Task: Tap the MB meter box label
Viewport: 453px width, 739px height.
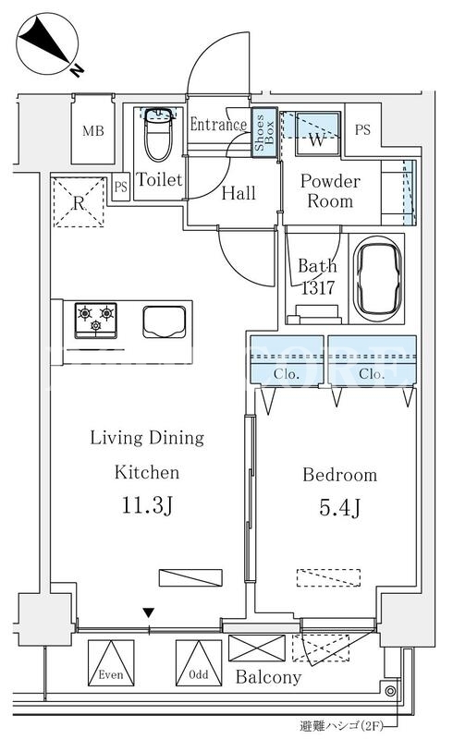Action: point(93,130)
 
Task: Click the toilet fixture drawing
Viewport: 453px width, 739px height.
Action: point(157,135)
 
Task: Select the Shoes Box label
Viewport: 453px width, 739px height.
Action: point(264,132)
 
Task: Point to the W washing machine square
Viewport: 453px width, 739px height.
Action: point(318,133)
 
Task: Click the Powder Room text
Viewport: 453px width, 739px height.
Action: point(330,191)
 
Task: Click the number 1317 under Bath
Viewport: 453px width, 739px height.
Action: point(318,287)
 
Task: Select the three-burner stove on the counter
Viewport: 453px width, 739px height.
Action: point(96,321)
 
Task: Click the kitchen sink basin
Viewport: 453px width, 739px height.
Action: point(165,321)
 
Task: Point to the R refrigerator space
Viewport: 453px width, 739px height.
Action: point(79,202)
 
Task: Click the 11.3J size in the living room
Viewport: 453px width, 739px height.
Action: point(148,505)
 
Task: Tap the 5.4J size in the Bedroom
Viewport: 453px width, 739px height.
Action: point(340,507)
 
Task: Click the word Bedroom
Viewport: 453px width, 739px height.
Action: point(340,475)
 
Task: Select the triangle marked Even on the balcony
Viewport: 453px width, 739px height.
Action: point(111,662)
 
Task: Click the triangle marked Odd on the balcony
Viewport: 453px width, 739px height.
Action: point(199,662)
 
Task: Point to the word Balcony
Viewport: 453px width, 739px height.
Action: point(268,677)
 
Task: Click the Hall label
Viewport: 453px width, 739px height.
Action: point(239,193)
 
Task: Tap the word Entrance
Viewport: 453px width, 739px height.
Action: point(218,125)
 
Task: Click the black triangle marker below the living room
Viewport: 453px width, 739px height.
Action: point(149,613)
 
